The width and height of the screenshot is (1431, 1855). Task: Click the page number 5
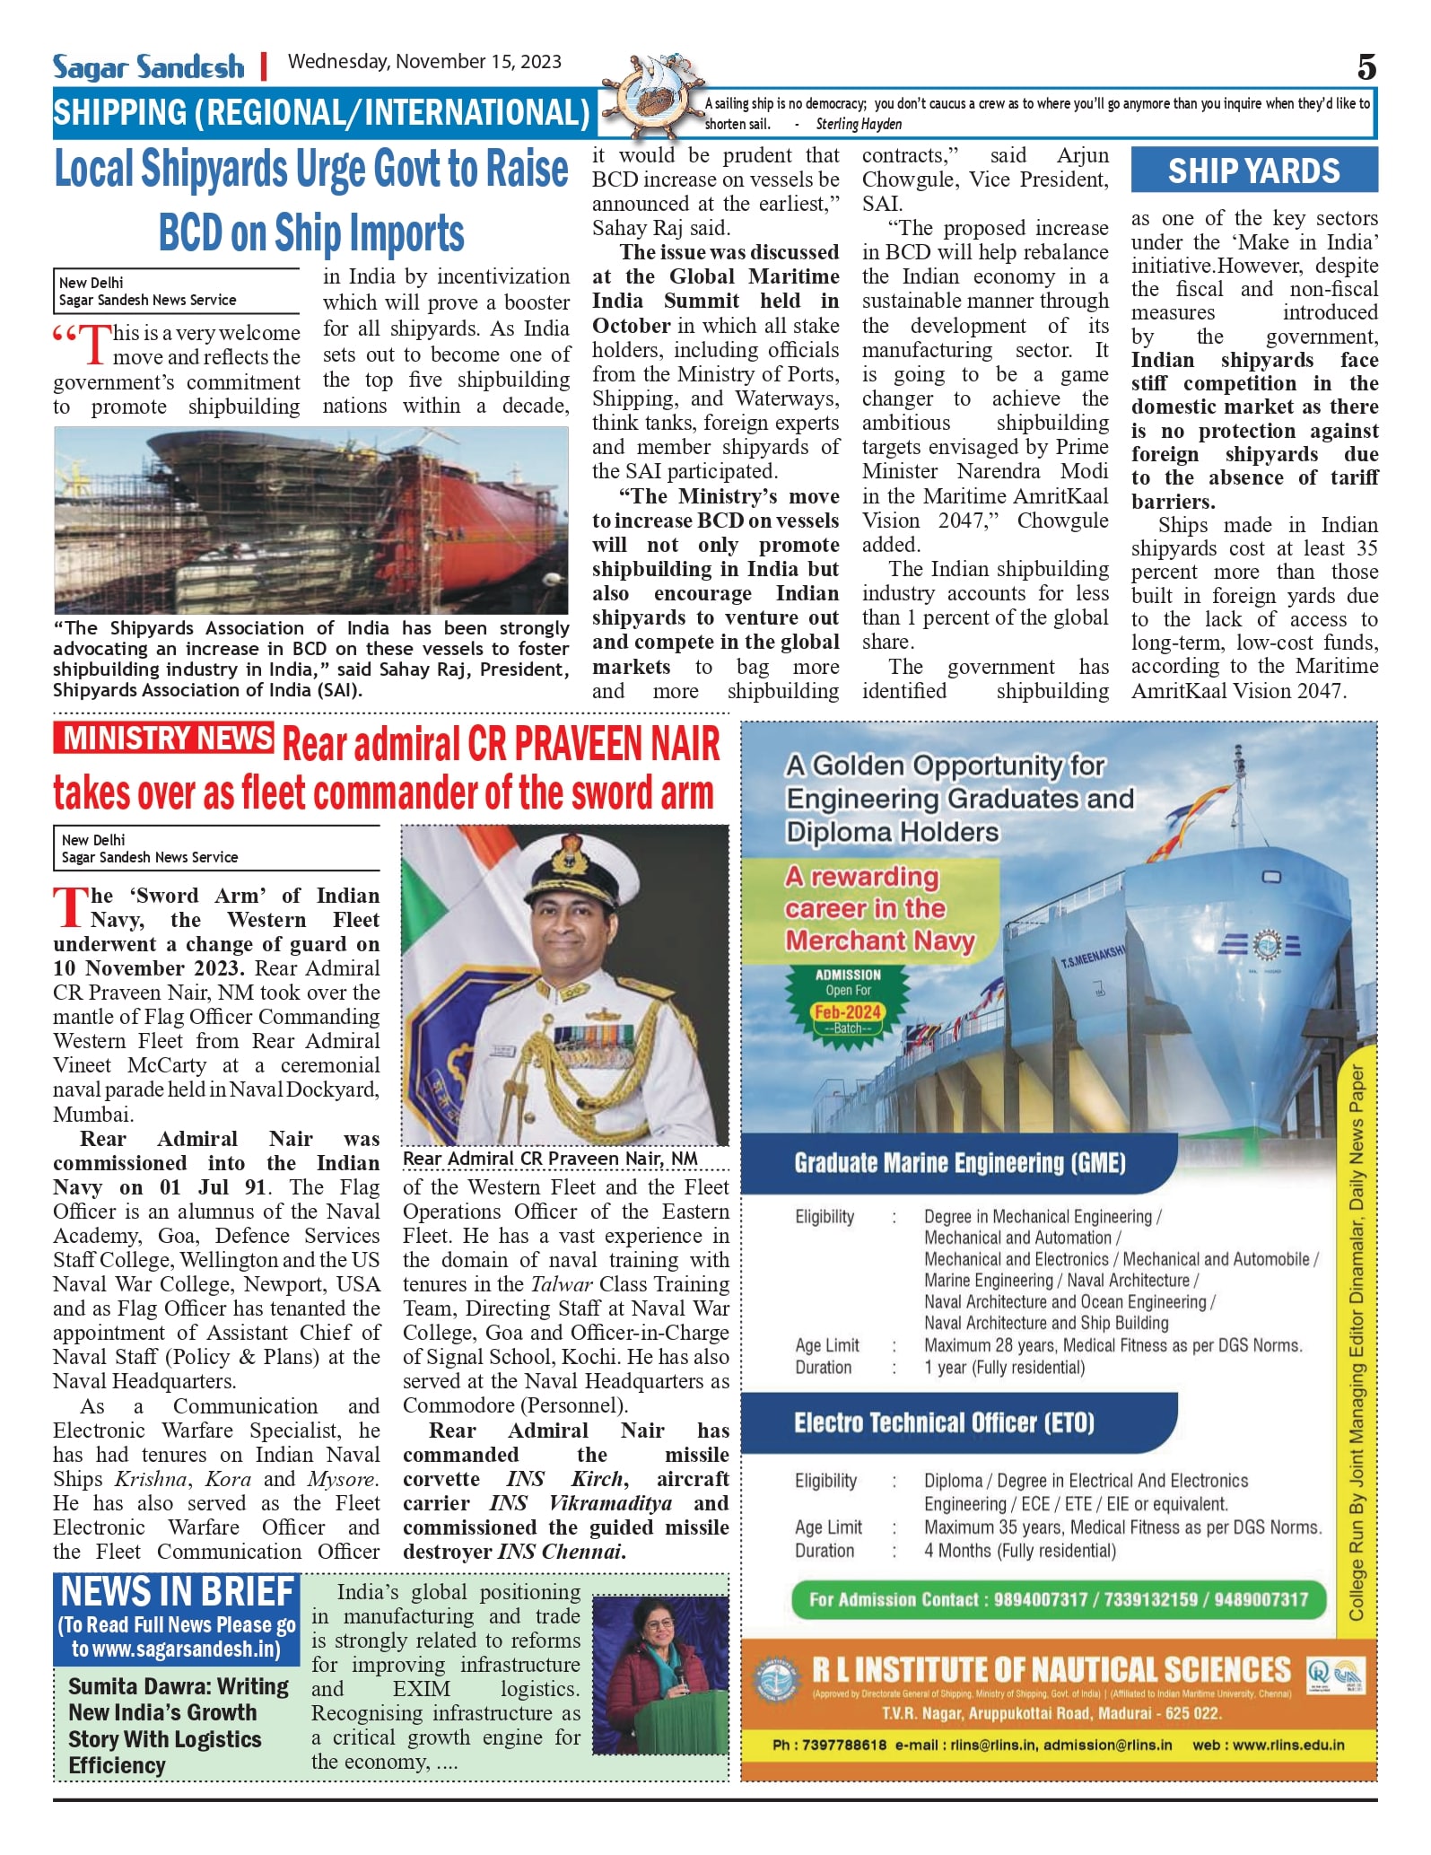pos(1366,67)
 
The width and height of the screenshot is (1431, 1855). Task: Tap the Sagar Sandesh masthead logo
pos(148,67)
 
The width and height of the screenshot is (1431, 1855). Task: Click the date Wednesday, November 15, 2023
pos(424,62)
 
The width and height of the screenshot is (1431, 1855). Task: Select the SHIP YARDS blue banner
pos(1253,171)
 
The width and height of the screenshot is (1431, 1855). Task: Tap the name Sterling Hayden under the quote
pos(859,125)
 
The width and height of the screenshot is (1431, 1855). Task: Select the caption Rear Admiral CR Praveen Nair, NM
pos(550,1159)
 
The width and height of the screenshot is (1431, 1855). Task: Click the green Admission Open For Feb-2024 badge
pos(848,1001)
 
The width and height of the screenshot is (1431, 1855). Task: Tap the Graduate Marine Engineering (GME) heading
pos(959,1163)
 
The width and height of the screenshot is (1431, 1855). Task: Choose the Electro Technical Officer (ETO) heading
pos(944,1422)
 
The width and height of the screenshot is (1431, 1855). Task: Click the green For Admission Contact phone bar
pos(1058,1599)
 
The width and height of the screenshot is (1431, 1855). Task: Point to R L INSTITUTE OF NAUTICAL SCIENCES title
pos(1051,1670)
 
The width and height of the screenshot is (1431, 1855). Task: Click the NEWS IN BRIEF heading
pos(177,1592)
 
